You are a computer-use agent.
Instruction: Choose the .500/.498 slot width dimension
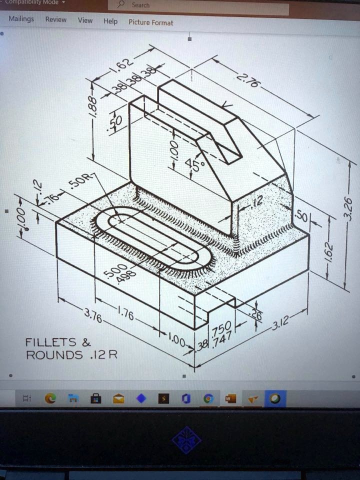pos(114,274)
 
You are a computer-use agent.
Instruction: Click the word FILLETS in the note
pos(50,342)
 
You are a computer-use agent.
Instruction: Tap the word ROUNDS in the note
pos(54,355)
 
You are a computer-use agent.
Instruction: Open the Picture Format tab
pos(150,22)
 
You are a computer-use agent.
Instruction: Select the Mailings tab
pos(21,19)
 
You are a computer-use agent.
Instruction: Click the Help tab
pos(110,21)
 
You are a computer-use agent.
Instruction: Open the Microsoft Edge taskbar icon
pos(50,398)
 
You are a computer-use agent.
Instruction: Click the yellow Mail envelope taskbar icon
pos(118,398)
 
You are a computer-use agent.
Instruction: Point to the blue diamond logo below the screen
pos(186,440)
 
